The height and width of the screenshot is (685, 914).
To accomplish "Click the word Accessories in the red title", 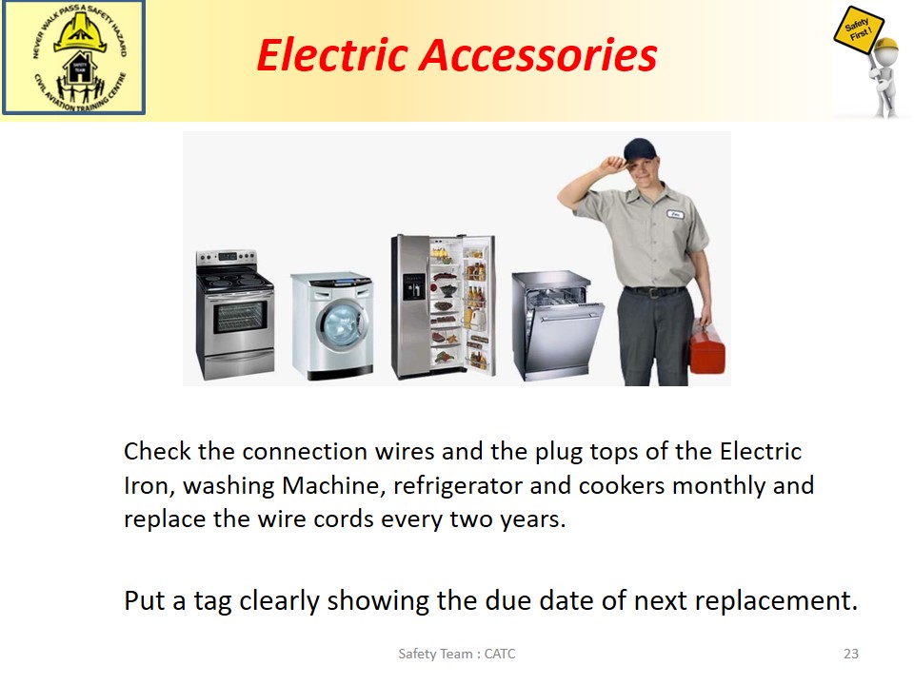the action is tap(538, 55).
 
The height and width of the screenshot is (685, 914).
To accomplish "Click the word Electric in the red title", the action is tap(331, 55).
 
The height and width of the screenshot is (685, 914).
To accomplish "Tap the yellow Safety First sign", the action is tap(859, 30).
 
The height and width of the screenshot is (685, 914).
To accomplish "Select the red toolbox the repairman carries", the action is tap(707, 347).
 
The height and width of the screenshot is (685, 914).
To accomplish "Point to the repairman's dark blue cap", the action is tap(640, 150).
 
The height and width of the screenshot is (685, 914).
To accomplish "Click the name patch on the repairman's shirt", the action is tap(675, 214).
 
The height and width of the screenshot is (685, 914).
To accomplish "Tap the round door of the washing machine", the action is tap(342, 325).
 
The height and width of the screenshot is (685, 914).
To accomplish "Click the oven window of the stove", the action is tap(240, 317).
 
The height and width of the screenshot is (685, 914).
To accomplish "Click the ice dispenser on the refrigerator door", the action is tap(413, 287).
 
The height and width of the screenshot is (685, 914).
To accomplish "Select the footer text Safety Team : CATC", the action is tap(457, 654).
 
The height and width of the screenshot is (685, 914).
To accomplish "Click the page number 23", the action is tap(851, 654).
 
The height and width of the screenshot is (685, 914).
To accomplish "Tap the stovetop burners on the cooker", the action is tap(234, 281).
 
